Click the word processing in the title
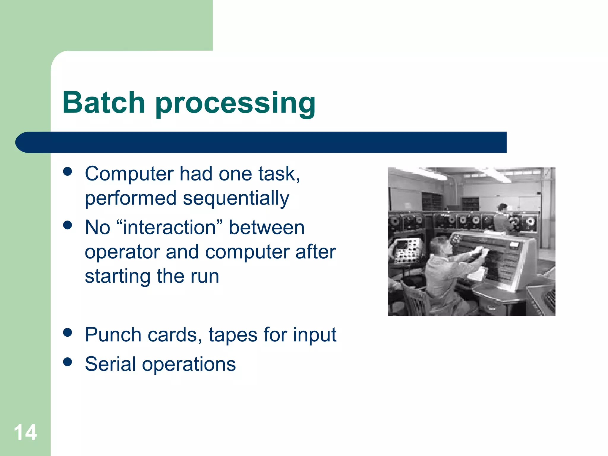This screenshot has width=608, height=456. (235, 104)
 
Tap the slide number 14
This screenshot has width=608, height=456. (26, 432)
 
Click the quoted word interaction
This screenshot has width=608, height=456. (169, 228)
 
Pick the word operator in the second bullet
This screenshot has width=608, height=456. (122, 252)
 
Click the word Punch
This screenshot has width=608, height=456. (113, 335)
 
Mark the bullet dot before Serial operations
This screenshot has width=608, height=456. (68, 362)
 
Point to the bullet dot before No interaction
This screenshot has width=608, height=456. (68, 225)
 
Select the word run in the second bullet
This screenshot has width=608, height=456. (205, 277)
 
